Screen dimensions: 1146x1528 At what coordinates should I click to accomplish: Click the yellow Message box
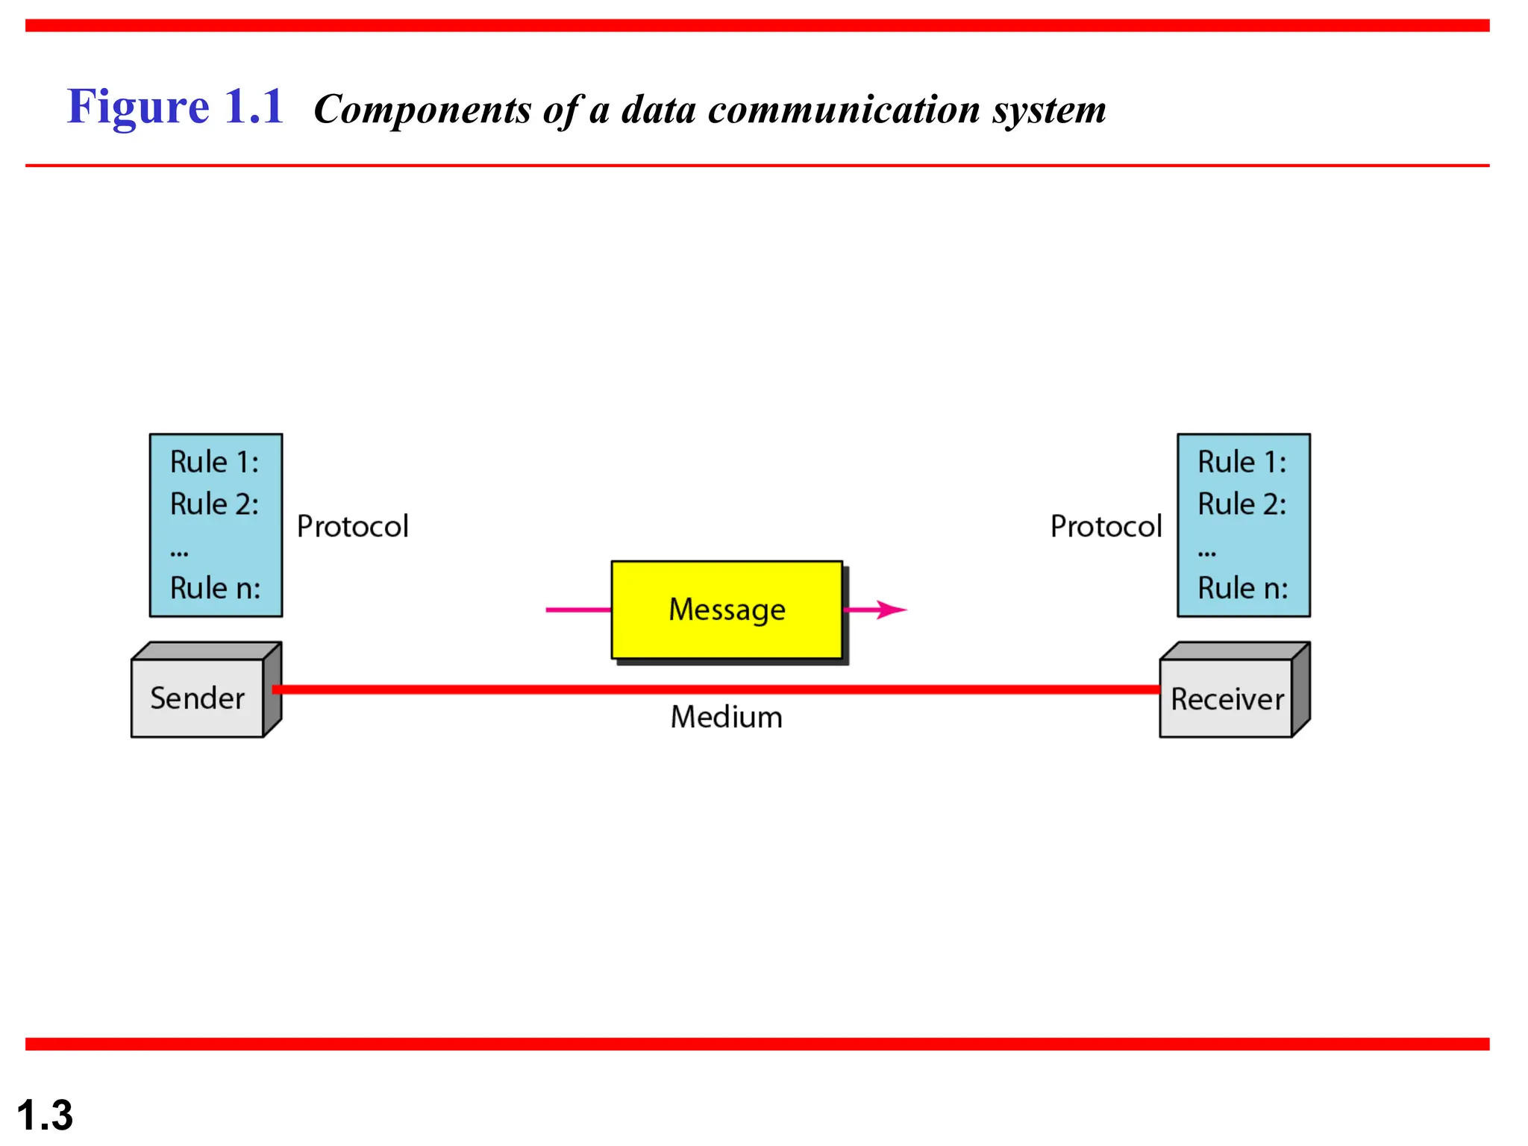pyautogui.click(x=727, y=610)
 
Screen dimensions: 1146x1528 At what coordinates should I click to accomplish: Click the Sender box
pyautogui.click(x=197, y=698)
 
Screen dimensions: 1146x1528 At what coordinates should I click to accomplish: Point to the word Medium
pyautogui.click(x=726, y=717)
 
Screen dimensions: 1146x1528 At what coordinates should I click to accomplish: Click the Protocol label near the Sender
pyautogui.click(x=352, y=527)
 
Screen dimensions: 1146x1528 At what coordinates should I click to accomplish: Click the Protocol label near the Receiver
pyautogui.click(x=1106, y=527)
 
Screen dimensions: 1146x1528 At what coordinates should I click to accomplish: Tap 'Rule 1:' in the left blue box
pyautogui.click(x=214, y=462)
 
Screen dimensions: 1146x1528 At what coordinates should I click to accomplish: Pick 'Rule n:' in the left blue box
pyautogui.click(x=215, y=588)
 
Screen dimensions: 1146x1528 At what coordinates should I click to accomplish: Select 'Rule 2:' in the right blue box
pyautogui.click(x=1241, y=504)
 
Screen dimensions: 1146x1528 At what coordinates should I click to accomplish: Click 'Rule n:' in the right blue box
pyautogui.click(x=1242, y=588)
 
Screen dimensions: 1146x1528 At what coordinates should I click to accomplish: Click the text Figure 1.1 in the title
pyautogui.click(x=175, y=107)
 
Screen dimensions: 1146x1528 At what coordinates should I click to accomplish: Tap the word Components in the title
pyautogui.click(x=422, y=110)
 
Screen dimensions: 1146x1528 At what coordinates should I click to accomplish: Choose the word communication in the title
pyautogui.click(x=843, y=110)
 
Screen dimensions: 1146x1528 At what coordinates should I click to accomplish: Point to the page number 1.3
pyautogui.click(x=45, y=1115)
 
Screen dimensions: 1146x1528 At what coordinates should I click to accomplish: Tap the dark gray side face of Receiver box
pyautogui.click(x=1300, y=690)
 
